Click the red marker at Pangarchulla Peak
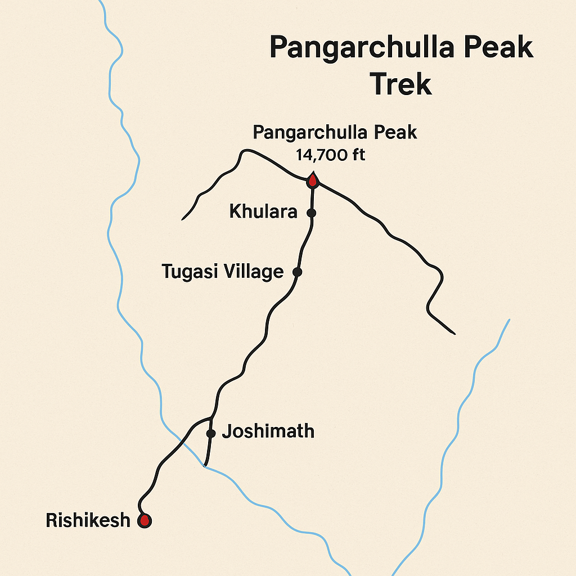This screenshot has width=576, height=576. [x=312, y=181]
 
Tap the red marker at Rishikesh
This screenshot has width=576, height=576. [x=145, y=520]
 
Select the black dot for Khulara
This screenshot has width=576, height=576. [x=311, y=213]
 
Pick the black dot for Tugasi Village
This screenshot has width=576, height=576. [x=298, y=272]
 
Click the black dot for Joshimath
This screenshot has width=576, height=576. [x=211, y=433]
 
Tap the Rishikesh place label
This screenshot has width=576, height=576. [x=88, y=520]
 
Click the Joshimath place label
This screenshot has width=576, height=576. [x=268, y=432]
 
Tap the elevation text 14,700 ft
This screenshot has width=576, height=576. [x=331, y=155]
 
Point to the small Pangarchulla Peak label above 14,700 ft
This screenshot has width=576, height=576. [x=335, y=133]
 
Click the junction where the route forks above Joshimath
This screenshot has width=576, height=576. [x=211, y=418]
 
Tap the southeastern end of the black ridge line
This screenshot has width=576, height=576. [x=454, y=334]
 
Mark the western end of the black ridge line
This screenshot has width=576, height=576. [x=183, y=218]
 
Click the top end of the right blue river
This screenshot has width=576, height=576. [x=509, y=320]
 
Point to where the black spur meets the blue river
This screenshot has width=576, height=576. [x=205, y=465]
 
